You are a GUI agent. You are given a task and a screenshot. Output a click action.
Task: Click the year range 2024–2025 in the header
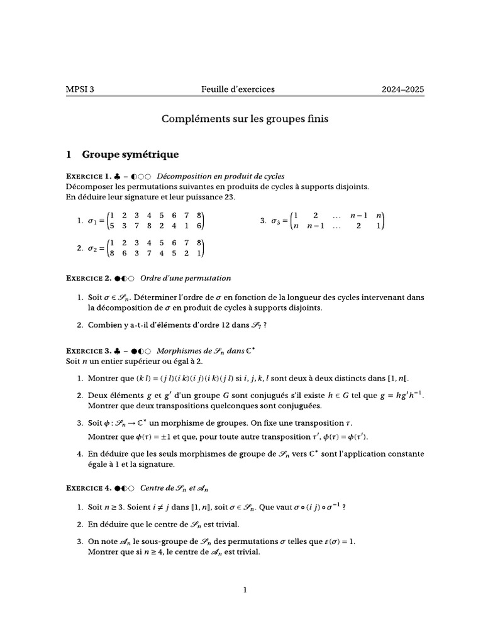(x=402, y=89)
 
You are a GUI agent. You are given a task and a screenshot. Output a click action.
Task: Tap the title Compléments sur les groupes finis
(x=245, y=118)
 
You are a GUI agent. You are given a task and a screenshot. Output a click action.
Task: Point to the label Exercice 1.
(x=88, y=175)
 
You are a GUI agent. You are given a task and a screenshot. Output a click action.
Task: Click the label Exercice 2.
(x=88, y=277)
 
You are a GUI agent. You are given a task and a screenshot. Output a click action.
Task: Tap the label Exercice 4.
(x=88, y=487)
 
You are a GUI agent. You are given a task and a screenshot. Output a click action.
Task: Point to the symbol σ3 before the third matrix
(x=276, y=221)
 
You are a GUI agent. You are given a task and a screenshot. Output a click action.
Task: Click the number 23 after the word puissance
(x=228, y=197)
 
